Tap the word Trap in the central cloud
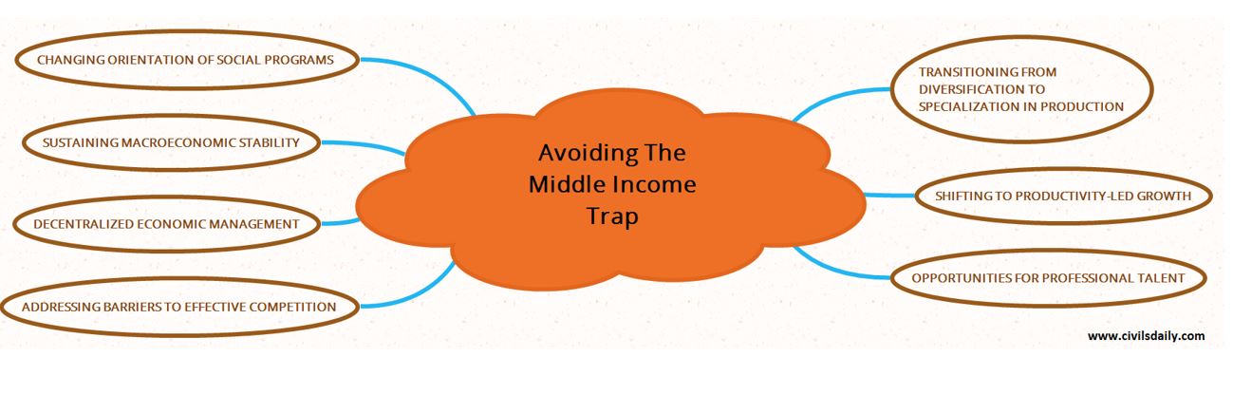click(612, 216)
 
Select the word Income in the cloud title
click(654, 184)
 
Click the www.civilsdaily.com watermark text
click(1146, 336)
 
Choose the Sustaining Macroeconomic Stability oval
click(171, 142)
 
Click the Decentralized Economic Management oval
click(166, 224)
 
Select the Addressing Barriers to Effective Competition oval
click(178, 307)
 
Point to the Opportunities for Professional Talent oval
click(1048, 278)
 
